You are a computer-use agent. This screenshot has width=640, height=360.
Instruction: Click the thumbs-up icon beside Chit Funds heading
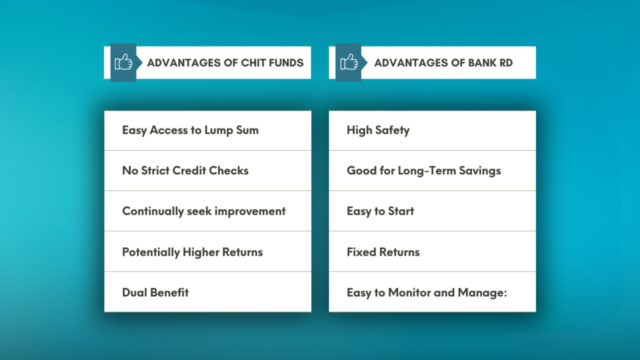[x=123, y=62]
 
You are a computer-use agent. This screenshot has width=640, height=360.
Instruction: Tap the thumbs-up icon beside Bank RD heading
[x=348, y=62]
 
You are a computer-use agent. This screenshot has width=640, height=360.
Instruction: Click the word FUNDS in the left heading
[x=284, y=62]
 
